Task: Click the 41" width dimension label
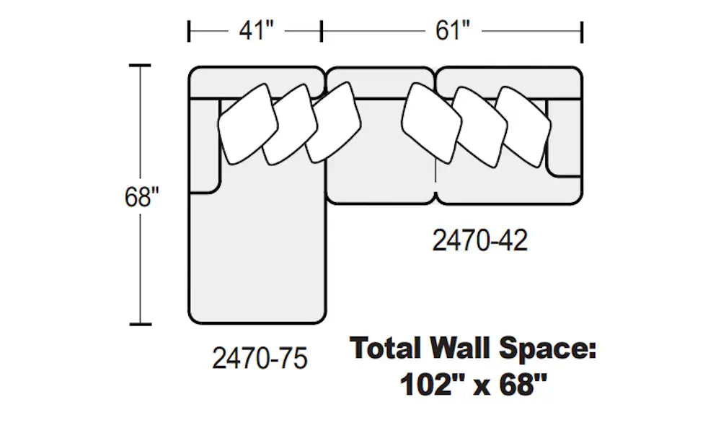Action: (257, 31)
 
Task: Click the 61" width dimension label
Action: (453, 31)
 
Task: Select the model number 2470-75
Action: (260, 358)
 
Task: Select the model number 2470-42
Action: (479, 240)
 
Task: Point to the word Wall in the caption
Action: (461, 348)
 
